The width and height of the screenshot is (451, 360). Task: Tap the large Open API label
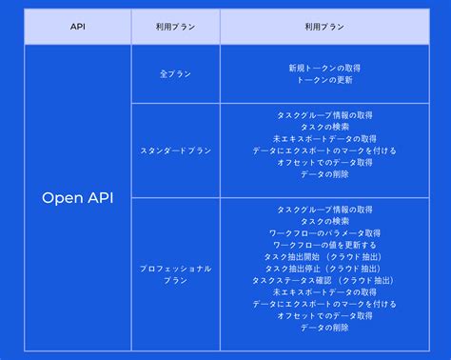click(77, 198)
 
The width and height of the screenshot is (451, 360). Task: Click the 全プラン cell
click(175, 73)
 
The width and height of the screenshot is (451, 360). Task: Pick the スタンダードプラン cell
click(175, 150)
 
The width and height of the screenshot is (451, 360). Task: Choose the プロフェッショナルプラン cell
click(175, 274)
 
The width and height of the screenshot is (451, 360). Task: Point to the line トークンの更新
click(324, 80)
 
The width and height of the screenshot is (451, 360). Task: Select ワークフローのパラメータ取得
click(324, 233)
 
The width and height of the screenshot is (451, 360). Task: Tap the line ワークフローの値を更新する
click(324, 245)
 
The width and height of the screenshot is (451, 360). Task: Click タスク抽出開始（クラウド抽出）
click(324, 257)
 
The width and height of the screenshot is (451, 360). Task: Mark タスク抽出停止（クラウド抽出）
click(324, 269)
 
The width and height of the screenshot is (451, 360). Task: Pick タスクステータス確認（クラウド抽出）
click(324, 281)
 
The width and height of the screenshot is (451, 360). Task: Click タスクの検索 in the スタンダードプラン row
click(324, 127)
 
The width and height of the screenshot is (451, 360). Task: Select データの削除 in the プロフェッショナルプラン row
click(324, 328)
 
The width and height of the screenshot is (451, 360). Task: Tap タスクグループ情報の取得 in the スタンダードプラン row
click(324, 115)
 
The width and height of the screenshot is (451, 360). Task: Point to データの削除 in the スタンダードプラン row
click(324, 174)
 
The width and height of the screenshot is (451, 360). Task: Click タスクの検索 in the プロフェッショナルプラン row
click(324, 221)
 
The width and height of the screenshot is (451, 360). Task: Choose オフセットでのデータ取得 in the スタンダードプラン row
click(324, 163)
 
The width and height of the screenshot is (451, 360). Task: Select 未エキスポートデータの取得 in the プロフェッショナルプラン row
click(324, 292)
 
